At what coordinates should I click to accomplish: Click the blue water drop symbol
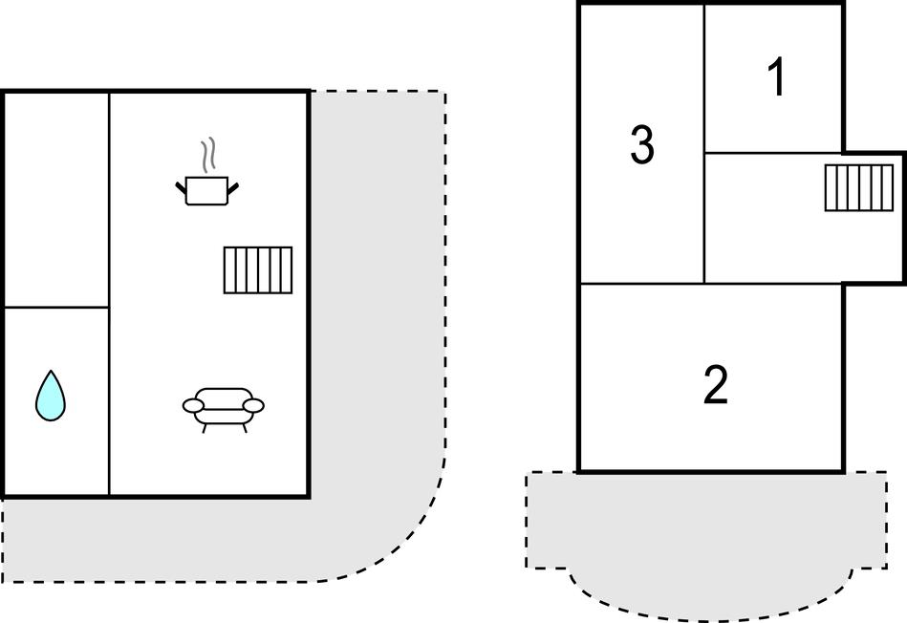point(51,396)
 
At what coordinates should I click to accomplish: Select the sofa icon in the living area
point(224,410)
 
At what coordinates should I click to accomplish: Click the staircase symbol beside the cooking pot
point(258,270)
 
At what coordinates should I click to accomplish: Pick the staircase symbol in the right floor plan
point(859,187)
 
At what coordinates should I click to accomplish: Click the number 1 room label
point(777,76)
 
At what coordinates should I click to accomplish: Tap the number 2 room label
point(716,385)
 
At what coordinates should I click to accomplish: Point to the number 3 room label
point(642,144)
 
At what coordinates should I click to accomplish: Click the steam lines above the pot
point(208,155)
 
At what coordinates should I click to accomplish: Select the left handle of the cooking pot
point(181,188)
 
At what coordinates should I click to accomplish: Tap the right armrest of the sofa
point(253,405)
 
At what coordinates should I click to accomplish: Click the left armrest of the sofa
point(193,405)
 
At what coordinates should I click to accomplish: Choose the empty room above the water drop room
point(56,200)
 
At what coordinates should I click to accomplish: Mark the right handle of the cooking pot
point(233,188)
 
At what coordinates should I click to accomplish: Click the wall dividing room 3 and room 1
point(704,78)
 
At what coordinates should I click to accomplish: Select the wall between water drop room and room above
point(56,307)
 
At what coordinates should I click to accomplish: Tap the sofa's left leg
point(205,428)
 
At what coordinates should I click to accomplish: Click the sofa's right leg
point(245,428)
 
